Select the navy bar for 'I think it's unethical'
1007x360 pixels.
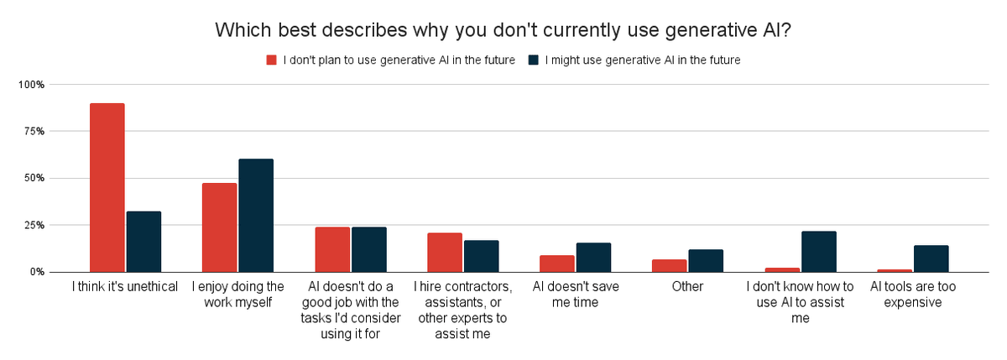143,242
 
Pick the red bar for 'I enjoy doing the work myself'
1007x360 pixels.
220,227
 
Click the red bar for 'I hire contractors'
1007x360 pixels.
445,253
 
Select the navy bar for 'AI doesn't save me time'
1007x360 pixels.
593,258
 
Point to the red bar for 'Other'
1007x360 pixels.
669,265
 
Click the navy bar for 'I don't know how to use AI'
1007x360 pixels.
818,252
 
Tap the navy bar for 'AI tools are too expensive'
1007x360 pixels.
931,258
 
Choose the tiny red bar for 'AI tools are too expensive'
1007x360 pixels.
895,270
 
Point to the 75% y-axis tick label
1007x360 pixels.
34,132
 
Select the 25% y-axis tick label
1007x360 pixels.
34,226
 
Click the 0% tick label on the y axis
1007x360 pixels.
37,272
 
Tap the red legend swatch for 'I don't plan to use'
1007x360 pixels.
271,60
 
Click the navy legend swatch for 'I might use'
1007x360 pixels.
534,60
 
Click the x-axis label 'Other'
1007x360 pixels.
686,287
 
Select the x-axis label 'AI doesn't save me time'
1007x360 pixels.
576,295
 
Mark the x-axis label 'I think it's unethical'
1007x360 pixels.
125,287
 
